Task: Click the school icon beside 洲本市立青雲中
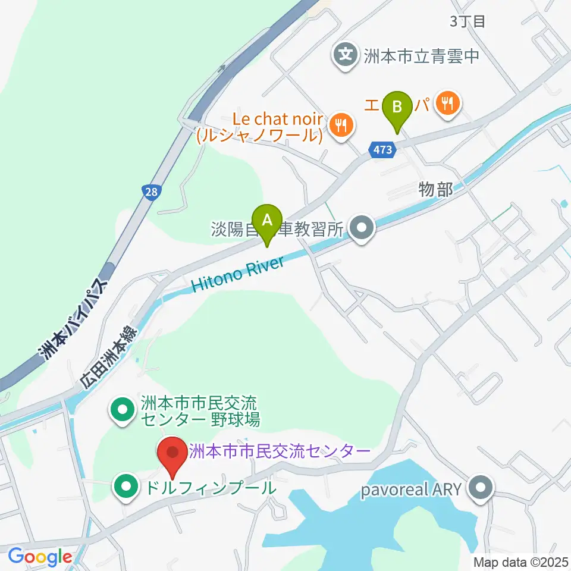tap(346, 56)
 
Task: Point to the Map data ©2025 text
tap(520, 561)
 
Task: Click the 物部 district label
tap(436, 190)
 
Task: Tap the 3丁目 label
tap(468, 22)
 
